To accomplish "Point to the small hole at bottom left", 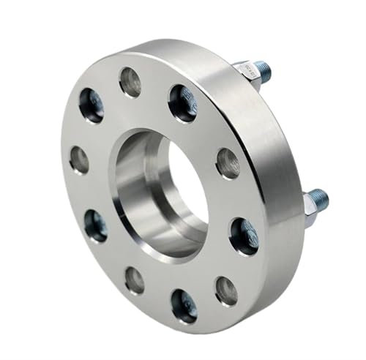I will click(134, 279).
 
